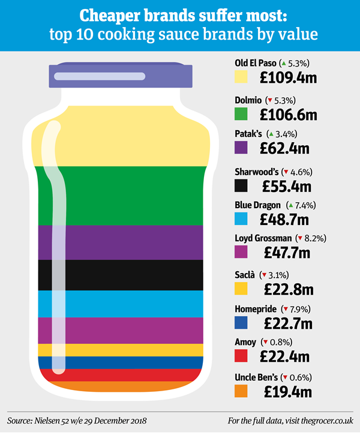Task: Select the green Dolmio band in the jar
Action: [120, 195]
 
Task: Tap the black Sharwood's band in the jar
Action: [120, 275]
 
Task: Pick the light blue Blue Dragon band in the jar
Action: [120, 304]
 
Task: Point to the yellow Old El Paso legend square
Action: [242, 77]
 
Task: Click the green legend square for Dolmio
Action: [242, 113]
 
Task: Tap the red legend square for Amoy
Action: [242, 356]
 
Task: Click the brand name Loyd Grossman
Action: [263, 238]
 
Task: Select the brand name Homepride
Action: [256, 308]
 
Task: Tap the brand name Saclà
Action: [245, 274]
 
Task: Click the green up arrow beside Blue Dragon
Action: [290, 205]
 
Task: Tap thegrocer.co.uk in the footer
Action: [325, 419]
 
